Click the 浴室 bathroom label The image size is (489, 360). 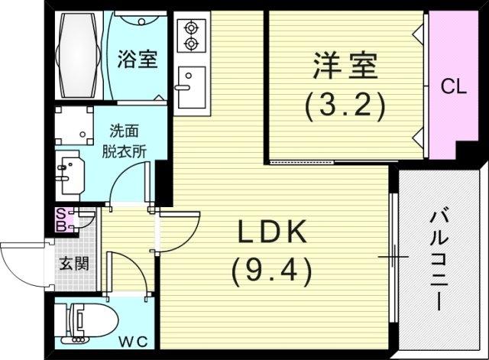tap(138, 59)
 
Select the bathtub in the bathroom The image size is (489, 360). tap(79, 55)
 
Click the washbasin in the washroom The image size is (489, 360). tap(70, 171)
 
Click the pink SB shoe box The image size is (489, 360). tap(61, 220)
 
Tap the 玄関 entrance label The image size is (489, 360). tap(75, 264)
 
